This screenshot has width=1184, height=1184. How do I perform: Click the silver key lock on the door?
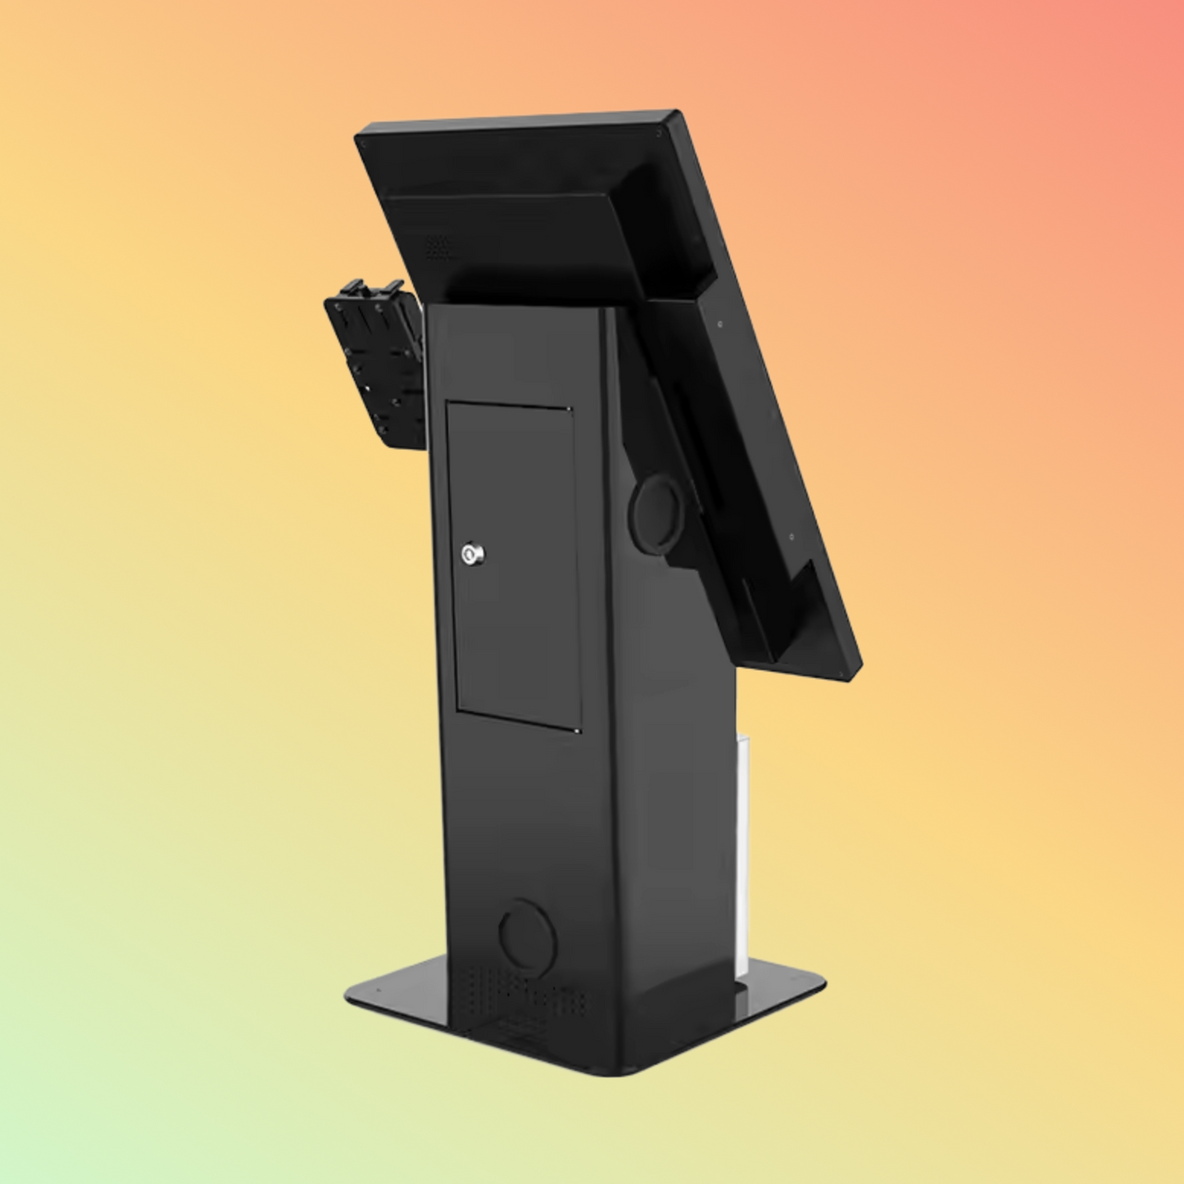(x=473, y=554)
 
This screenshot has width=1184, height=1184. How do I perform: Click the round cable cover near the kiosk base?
(x=526, y=934)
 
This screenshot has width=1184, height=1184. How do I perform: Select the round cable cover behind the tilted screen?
(x=656, y=515)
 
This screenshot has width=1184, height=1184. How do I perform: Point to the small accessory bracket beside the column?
(x=373, y=361)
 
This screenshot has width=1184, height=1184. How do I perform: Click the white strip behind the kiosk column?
(x=742, y=852)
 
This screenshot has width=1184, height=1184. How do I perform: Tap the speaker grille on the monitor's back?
(x=436, y=247)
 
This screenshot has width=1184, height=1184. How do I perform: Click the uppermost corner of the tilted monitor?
(x=674, y=114)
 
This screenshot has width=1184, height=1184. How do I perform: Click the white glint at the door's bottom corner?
(x=578, y=730)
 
